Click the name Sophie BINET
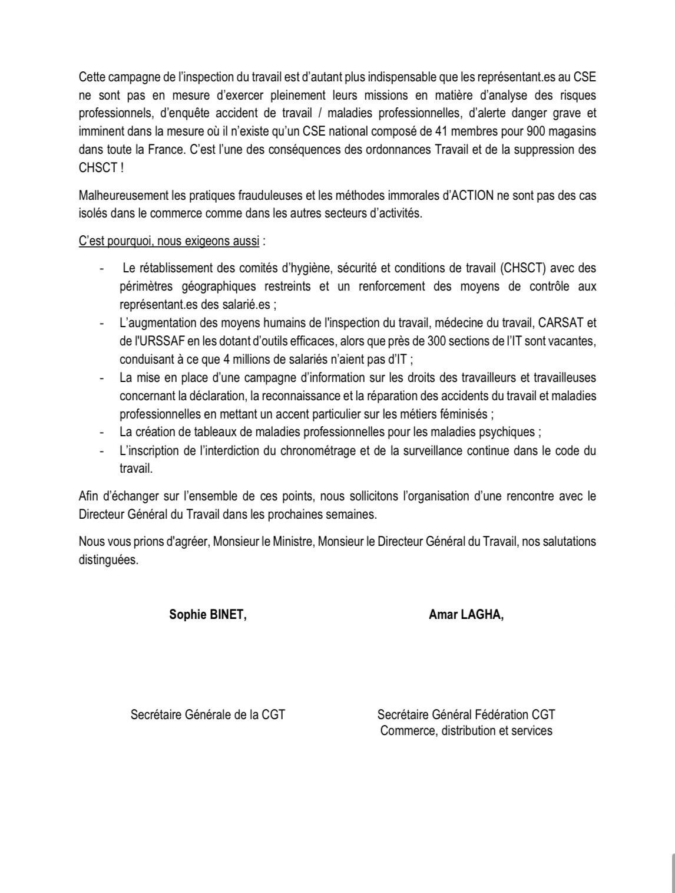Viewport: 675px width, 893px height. (x=207, y=614)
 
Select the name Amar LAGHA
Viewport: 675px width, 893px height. (x=466, y=614)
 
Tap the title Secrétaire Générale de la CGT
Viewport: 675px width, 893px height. (x=207, y=714)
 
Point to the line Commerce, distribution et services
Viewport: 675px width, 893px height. (x=466, y=731)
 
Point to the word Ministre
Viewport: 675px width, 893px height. (x=290, y=542)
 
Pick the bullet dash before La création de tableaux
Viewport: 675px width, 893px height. (x=103, y=433)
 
